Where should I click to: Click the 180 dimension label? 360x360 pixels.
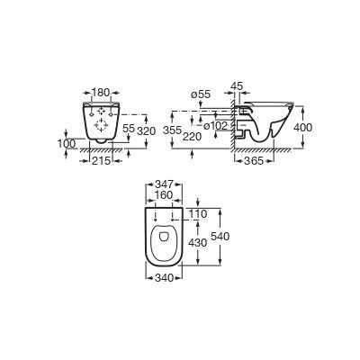click(x=101, y=93)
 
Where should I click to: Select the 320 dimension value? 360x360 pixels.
click(x=147, y=131)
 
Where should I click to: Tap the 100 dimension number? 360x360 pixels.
click(x=67, y=144)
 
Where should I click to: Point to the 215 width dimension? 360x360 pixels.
click(x=101, y=161)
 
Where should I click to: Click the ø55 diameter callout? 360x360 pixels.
click(x=201, y=94)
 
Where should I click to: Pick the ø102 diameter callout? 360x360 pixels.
click(x=215, y=126)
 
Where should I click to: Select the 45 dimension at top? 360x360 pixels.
click(x=237, y=85)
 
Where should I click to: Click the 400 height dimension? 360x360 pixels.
click(x=302, y=128)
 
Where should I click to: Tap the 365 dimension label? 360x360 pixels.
click(x=254, y=161)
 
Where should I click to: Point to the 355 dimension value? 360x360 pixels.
click(x=173, y=130)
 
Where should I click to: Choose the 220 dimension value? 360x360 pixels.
click(x=193, y=137)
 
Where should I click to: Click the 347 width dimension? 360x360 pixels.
click(x=164, y=184)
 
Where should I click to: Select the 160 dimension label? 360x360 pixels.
click(x=164, y=195)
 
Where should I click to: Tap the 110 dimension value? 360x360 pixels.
click(x=198, y=214)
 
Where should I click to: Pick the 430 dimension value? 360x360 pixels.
click(x=197, y=242)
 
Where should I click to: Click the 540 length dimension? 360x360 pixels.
click(x=220, y=237)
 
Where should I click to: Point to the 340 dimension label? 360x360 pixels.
click(x=164, y=278)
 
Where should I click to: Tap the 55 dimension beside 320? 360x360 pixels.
click(x=129, y=129)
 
